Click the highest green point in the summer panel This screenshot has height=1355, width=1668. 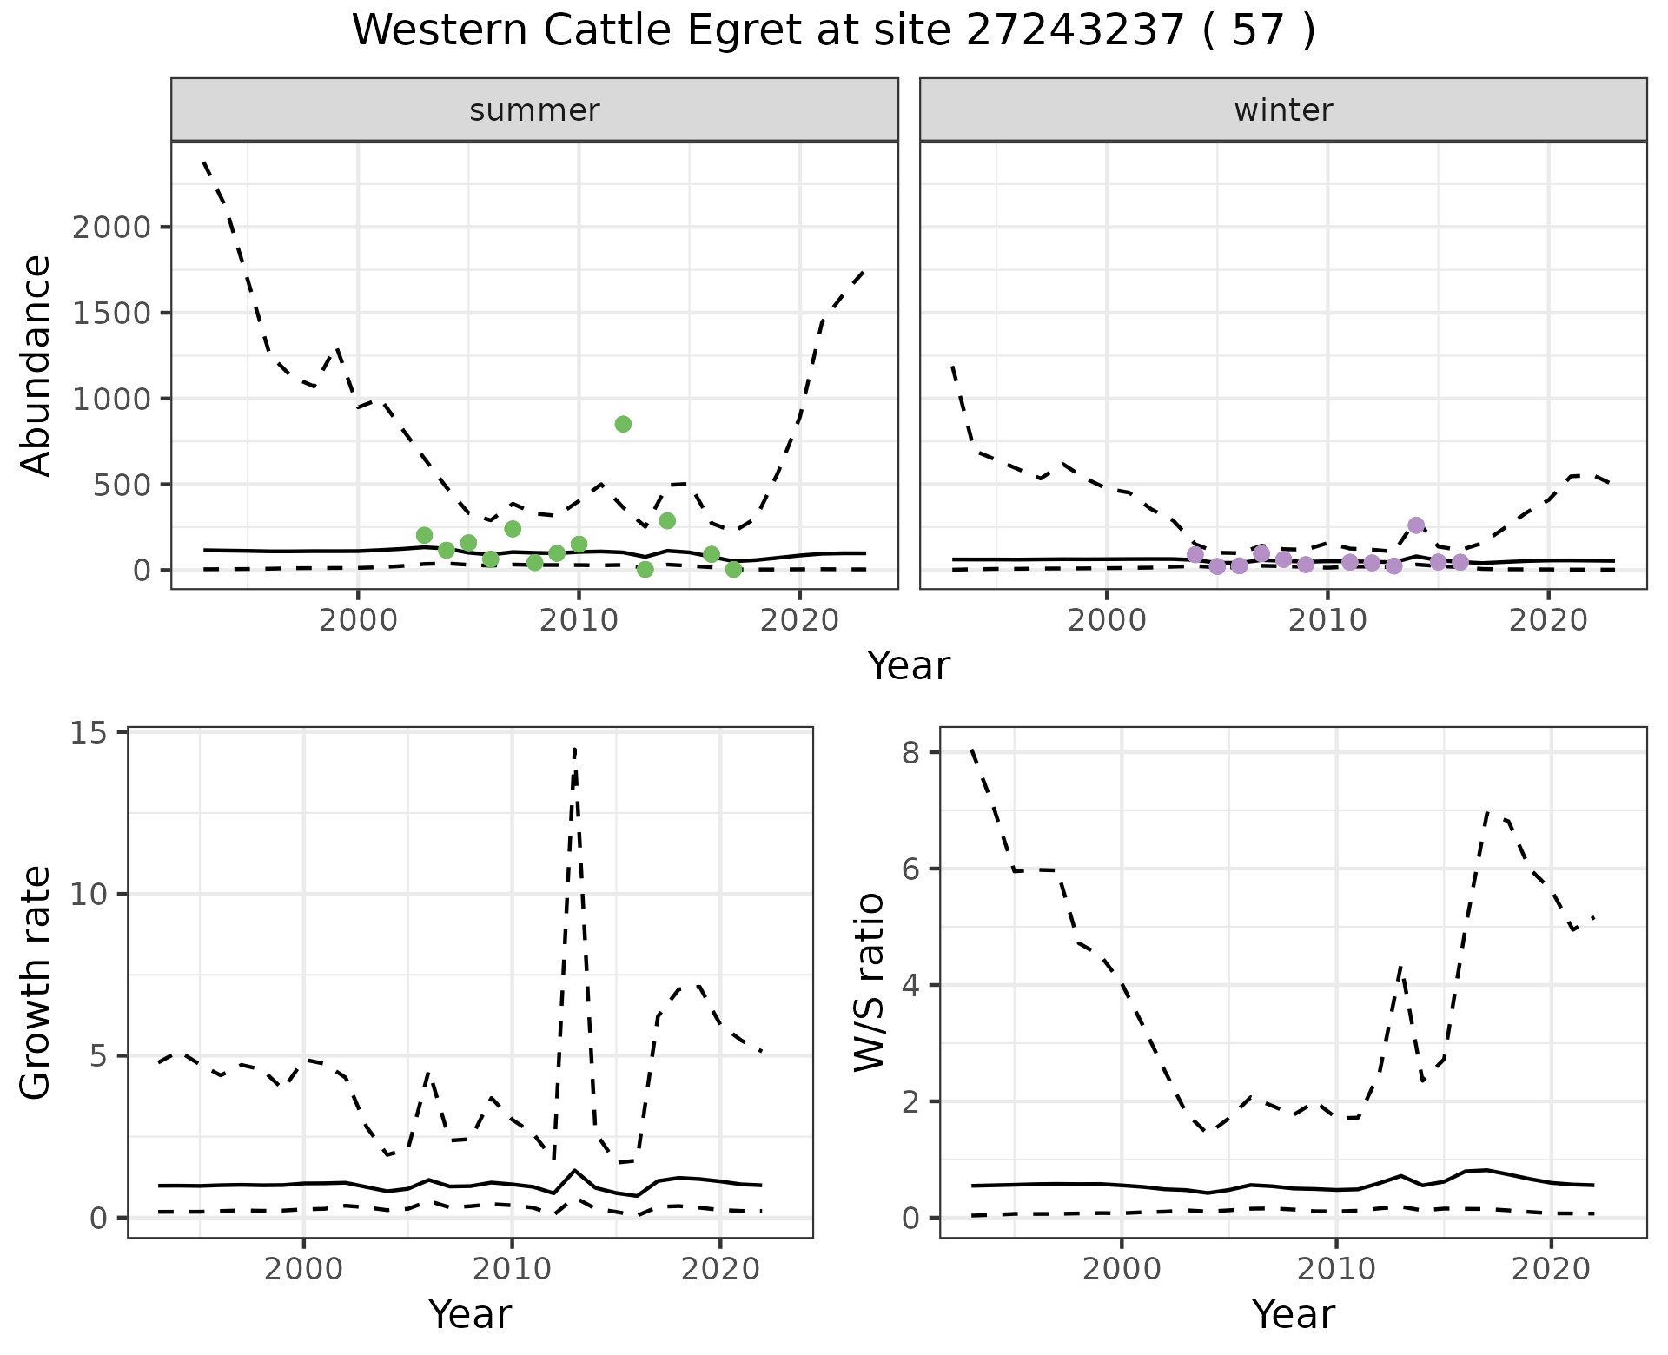[623, 424]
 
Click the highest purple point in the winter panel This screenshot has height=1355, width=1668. [1416, 525]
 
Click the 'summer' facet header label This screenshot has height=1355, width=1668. [534, 110]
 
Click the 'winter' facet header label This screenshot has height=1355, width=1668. [1283, 110]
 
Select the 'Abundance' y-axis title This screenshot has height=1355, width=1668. [36, 366]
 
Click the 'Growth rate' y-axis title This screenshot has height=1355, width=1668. [36, 983]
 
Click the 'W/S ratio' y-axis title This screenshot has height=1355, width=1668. [869, 983]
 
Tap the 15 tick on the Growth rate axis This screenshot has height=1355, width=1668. [89, 733]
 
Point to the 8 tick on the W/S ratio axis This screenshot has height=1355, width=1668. [910, 752]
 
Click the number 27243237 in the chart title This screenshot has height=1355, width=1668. [1075, 31]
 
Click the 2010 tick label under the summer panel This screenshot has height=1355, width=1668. [578, 620]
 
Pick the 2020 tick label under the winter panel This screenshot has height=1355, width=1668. [1547, 620]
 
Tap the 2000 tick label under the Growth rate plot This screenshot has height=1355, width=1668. [303, 1269]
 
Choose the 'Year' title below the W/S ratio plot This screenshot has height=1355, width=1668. [1293, 1315]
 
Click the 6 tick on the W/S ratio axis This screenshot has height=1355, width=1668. [910, 869]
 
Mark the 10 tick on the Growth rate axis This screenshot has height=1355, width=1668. [89, 895]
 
